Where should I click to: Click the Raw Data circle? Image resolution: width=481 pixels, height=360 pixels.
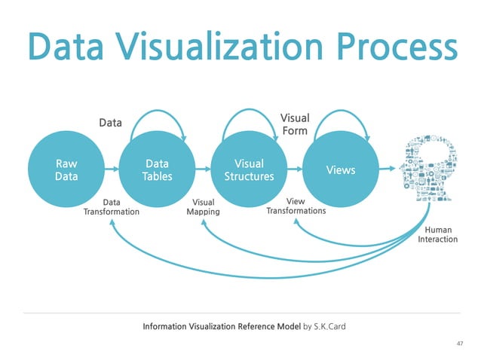click(x=66, y=169)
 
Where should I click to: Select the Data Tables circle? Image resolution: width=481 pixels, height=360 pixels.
click(x=157, y=169)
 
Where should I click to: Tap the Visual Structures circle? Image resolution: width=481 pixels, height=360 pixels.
click(x=249, y=169)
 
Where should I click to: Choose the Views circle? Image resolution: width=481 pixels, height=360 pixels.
click(x=340, y=169)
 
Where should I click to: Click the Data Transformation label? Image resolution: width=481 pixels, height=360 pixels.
click(x=111, y=207)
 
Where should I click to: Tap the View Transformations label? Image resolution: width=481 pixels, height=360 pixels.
click(x=296, y=206)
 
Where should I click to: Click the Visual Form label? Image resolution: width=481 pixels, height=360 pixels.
click(x=295, y=124)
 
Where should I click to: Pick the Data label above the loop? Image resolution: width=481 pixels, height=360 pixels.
click(x=111, y=122)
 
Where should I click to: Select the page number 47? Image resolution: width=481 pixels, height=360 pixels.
click(x=461, y=343)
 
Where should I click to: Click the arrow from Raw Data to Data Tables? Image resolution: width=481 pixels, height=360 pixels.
click(x=112, y=169)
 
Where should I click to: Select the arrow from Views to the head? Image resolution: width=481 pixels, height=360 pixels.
click(x=385, y=169)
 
